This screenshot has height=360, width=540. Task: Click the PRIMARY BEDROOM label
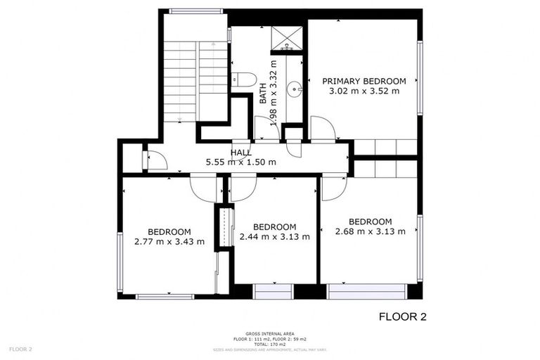coord(364,81)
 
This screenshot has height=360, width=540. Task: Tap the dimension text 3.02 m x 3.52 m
coord(364,91)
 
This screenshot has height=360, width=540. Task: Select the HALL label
coord(241,153)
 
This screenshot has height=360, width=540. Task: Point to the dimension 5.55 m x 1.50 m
coord(241,162)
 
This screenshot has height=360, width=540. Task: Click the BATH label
coord(263,94)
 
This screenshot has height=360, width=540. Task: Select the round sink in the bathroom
coord(297,88)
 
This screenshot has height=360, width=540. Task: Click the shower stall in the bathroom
coord(287,39)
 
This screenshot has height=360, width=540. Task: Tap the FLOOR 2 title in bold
coord(402,316)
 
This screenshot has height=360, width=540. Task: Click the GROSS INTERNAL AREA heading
coord(270,333)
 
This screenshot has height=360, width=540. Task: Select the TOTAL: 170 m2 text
coord(270,344)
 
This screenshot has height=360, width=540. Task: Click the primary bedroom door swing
coord(323,129)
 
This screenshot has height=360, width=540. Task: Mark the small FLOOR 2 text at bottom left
coord(20,349)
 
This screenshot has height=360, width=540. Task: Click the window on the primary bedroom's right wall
coord(420,77)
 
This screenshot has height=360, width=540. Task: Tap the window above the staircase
coord(196,11)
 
